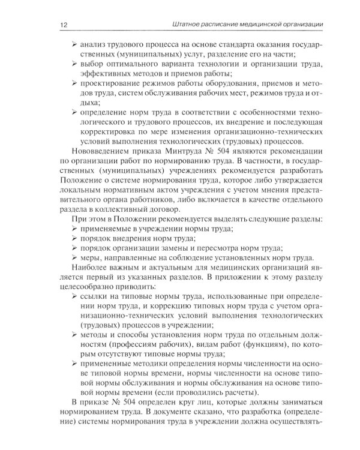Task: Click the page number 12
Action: [x=63, y=24]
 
